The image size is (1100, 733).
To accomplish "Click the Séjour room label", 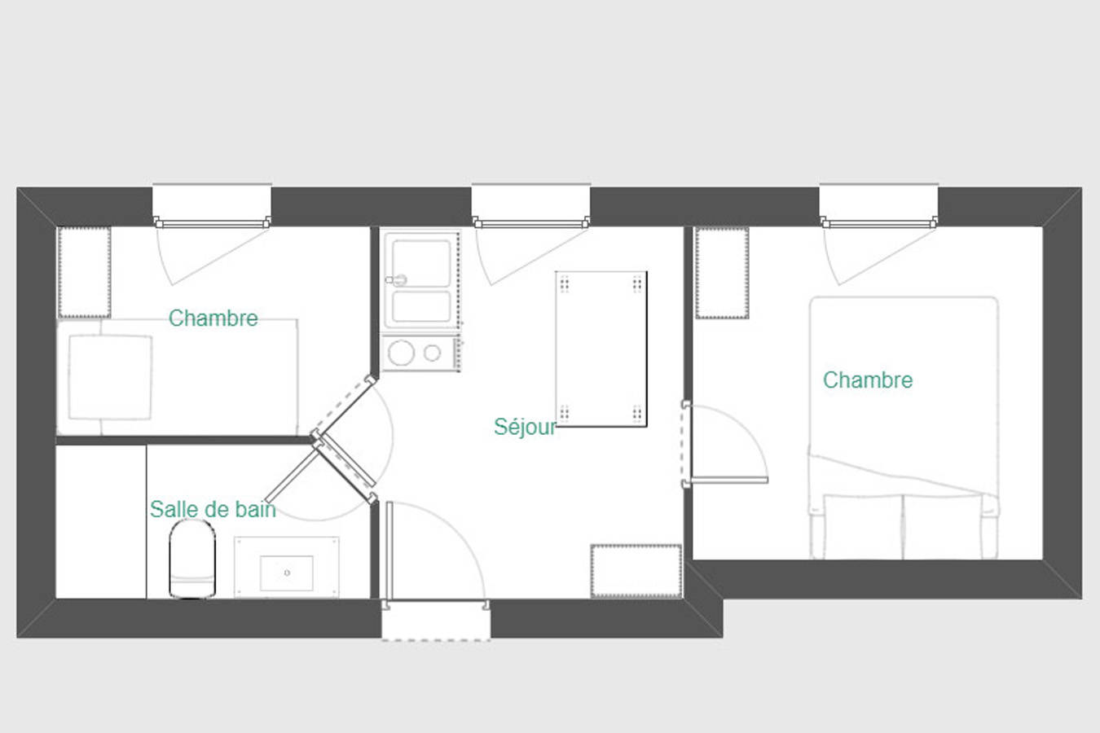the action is (x=525, y=427).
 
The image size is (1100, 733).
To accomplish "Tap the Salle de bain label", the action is (x=213, y=510).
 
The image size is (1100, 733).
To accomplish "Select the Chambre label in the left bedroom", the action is (x=213, y=318).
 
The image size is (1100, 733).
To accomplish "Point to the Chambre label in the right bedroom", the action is (x=868, y=380).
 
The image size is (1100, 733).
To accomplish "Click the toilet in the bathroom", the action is (x=192, y=560).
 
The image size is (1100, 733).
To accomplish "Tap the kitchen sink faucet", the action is (x=396, y=280).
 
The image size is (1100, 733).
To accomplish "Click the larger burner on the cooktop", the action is (x=401, y=353).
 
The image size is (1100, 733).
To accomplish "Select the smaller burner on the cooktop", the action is (x=432, y=353).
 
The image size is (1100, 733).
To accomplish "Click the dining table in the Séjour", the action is (x=601, y=349).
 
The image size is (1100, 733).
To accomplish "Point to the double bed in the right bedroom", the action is (x=904, y=428).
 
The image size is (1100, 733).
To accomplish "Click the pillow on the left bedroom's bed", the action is (x=110, y=377).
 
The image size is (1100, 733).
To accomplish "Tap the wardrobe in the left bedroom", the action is (x=84, y=273).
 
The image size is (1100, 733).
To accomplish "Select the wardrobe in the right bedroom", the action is (x=722, y=273).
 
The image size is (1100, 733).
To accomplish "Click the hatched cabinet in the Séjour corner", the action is (x=636, y=571).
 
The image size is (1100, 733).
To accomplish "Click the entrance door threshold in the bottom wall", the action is (x=436, y=620).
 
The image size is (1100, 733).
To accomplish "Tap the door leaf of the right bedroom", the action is (x=729, y=480).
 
